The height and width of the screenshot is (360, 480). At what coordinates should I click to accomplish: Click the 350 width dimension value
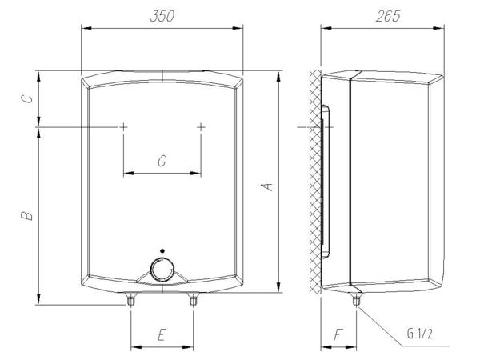pos(162,16)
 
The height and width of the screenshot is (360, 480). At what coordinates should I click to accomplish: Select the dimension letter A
pos(269,186)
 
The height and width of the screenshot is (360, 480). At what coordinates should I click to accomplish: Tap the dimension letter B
pos(26,215)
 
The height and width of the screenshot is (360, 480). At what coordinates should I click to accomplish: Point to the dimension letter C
pos(26,98)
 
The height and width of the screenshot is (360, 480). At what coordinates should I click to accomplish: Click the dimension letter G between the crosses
pos(162,162)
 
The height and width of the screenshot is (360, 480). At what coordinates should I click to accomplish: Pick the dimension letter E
pos(162,336)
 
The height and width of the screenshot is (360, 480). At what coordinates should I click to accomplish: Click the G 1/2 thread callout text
pos(421,336)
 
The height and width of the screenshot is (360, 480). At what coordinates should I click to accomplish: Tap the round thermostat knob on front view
pos(162,271)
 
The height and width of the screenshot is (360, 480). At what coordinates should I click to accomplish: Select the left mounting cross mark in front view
pos(124,127)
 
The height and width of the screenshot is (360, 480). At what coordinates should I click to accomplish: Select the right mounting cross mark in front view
pos(200,127)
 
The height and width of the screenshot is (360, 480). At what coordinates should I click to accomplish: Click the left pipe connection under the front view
pos(131,302)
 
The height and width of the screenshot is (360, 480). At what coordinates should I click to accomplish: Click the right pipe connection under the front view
pos(192,302)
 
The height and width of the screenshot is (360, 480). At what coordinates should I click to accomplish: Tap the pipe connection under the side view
pos(355,302)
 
